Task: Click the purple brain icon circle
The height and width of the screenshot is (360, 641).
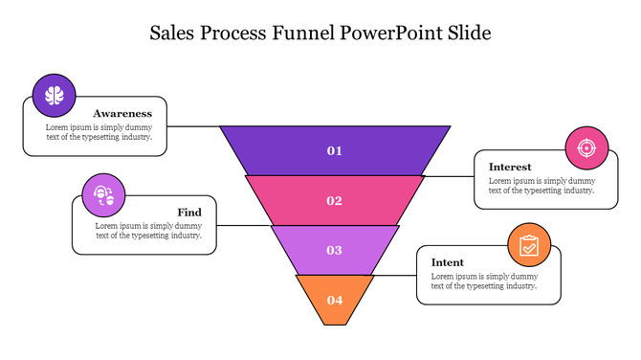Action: coord(55,95)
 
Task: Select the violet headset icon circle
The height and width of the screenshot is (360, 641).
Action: coord(103,195)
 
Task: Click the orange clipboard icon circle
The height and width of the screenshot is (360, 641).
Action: coord(529,246)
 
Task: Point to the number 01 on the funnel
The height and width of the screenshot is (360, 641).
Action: coord(335,150)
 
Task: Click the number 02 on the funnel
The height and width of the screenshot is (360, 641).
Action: coord(335,200)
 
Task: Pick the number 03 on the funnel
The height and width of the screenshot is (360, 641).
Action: coord(335,250)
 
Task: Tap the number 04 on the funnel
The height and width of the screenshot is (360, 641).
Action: coord(335,300)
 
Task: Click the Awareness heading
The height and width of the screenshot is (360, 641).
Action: coord(122,113)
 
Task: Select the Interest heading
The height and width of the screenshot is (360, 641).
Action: coord(510,167)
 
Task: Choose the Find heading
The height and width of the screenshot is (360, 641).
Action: coord(188,212)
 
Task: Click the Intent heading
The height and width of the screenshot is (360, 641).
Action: coord(448,262)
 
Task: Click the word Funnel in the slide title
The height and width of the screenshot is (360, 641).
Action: coord(303,34)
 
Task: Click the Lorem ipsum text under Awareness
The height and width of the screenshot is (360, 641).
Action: coord(99,131)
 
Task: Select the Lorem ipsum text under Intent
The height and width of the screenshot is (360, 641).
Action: coord(484,281)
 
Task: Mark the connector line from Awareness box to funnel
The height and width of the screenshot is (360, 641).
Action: coord(194,126)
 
